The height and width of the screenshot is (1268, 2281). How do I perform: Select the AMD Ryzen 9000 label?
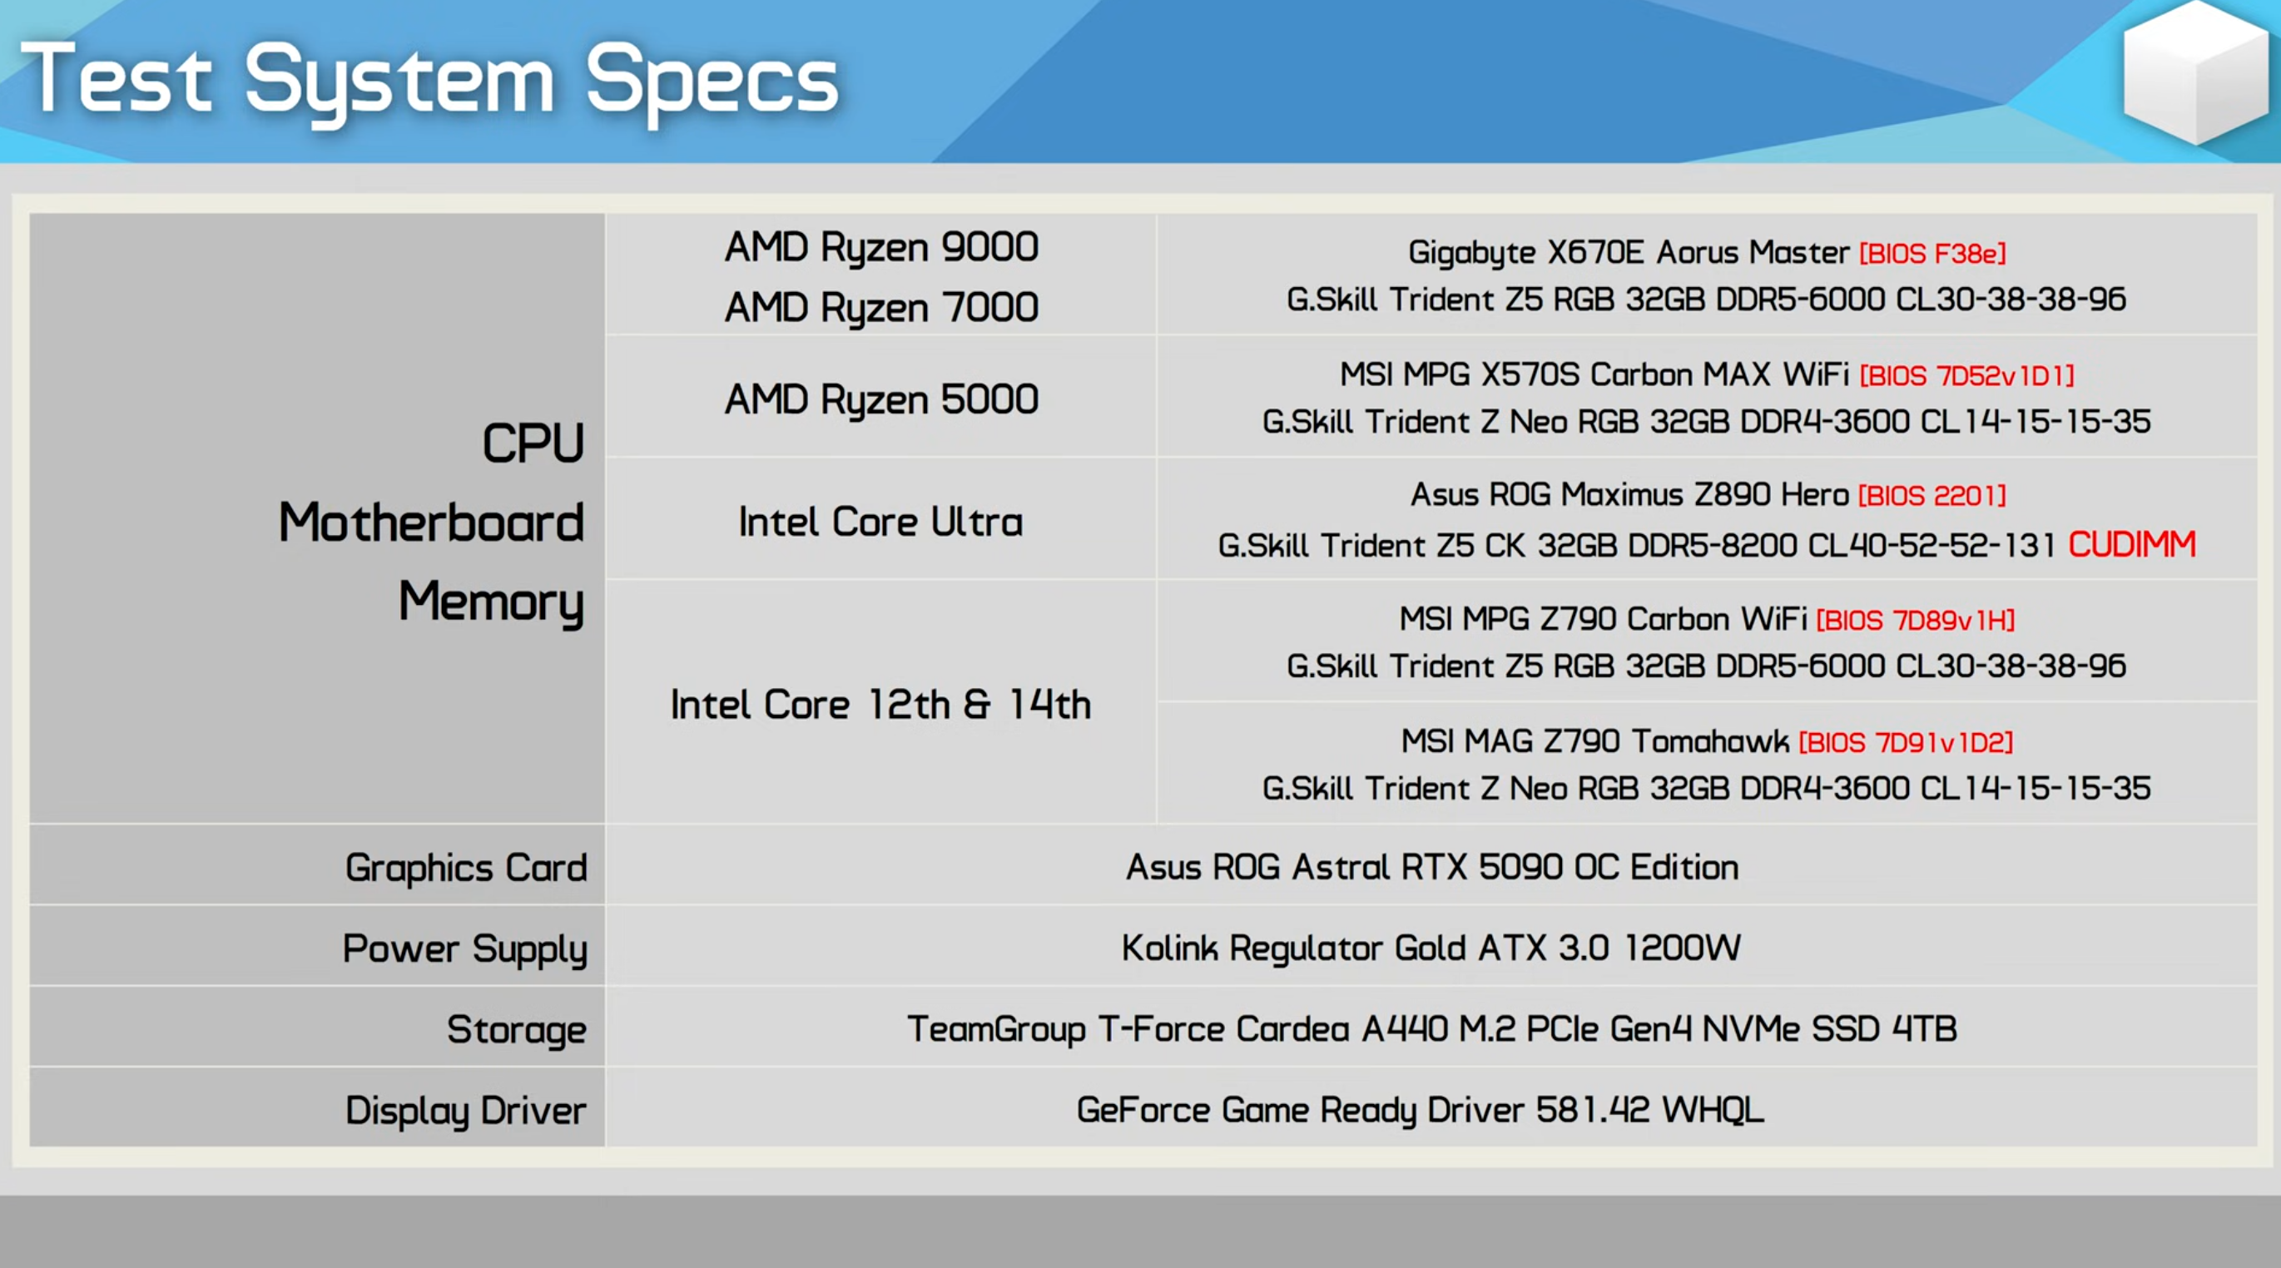[x=881, y=247]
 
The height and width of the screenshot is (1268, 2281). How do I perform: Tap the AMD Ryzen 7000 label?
[x=881, y=307]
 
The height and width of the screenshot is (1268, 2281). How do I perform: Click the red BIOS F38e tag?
[x=1932, y=254]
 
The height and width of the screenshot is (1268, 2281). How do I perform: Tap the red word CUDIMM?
[x=2132, y=543]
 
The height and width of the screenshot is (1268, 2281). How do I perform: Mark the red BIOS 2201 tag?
[x=1932, y=496]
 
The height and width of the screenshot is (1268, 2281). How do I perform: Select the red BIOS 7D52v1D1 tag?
[x=1966, y=376]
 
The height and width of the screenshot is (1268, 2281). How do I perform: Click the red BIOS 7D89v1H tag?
[x=1916, y=620]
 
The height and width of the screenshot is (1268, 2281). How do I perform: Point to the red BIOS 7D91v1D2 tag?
[x=1906, y=742]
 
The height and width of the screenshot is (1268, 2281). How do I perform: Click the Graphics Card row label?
[x=466, y=868]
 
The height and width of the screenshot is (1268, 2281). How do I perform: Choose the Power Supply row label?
[x=465, y=949]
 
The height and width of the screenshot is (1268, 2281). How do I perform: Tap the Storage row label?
[x=516, y=1029]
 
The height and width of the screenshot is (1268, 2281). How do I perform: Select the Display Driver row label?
[x=466, y=1111]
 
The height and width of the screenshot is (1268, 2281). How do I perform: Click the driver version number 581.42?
[x=1593, y=1110]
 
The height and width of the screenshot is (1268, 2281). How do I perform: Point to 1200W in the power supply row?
[x=1683, y=948]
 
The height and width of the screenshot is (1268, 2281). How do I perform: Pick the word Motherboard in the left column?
[x=431, y=522]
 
